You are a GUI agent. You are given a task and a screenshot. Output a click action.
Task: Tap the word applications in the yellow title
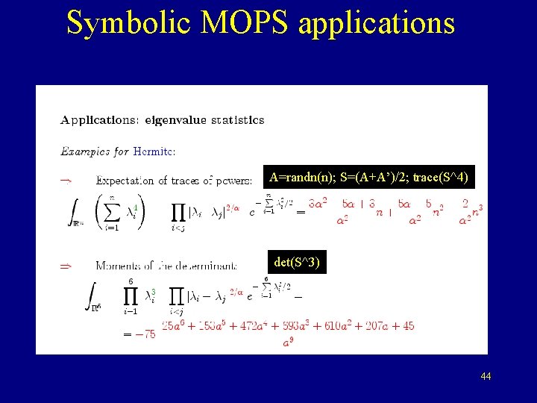tap(376, 22)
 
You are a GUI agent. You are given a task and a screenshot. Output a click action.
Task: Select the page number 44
tap(486, 377)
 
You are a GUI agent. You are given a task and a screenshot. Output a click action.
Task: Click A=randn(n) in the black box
tap(296, 177)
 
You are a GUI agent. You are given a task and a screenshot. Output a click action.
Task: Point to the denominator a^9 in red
tap(286, 343)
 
